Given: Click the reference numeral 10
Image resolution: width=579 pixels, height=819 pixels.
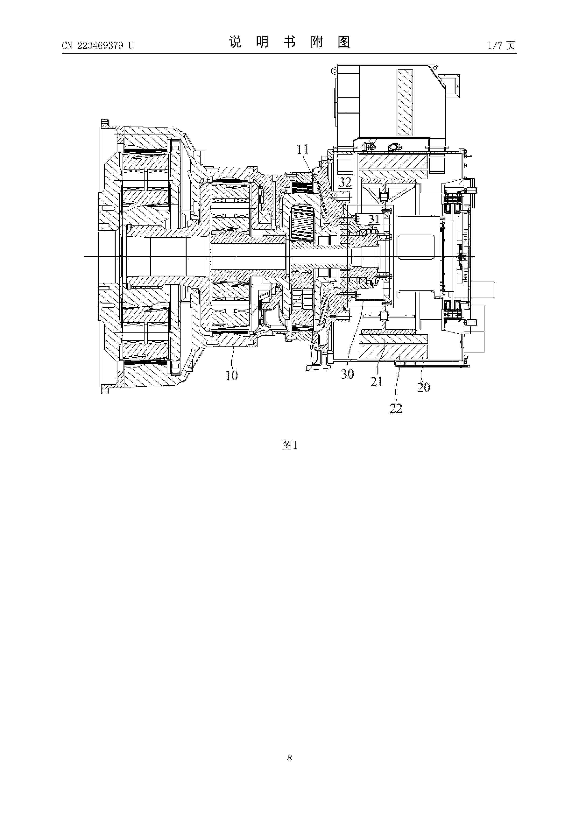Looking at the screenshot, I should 232,375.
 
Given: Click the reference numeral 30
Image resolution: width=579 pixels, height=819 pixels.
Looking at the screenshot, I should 347,374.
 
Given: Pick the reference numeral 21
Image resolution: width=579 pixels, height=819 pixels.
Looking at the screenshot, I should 376,382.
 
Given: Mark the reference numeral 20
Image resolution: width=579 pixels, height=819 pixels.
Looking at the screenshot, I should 424,387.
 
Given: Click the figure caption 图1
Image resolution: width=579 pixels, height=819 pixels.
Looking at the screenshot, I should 289,445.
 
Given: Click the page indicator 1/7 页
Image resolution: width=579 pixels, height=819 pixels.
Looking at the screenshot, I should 501,45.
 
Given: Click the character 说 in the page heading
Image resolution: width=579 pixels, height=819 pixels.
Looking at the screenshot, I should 235,42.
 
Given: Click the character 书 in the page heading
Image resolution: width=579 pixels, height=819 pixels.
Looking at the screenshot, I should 289,42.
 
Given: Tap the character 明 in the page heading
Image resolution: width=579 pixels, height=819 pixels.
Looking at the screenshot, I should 262,42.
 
